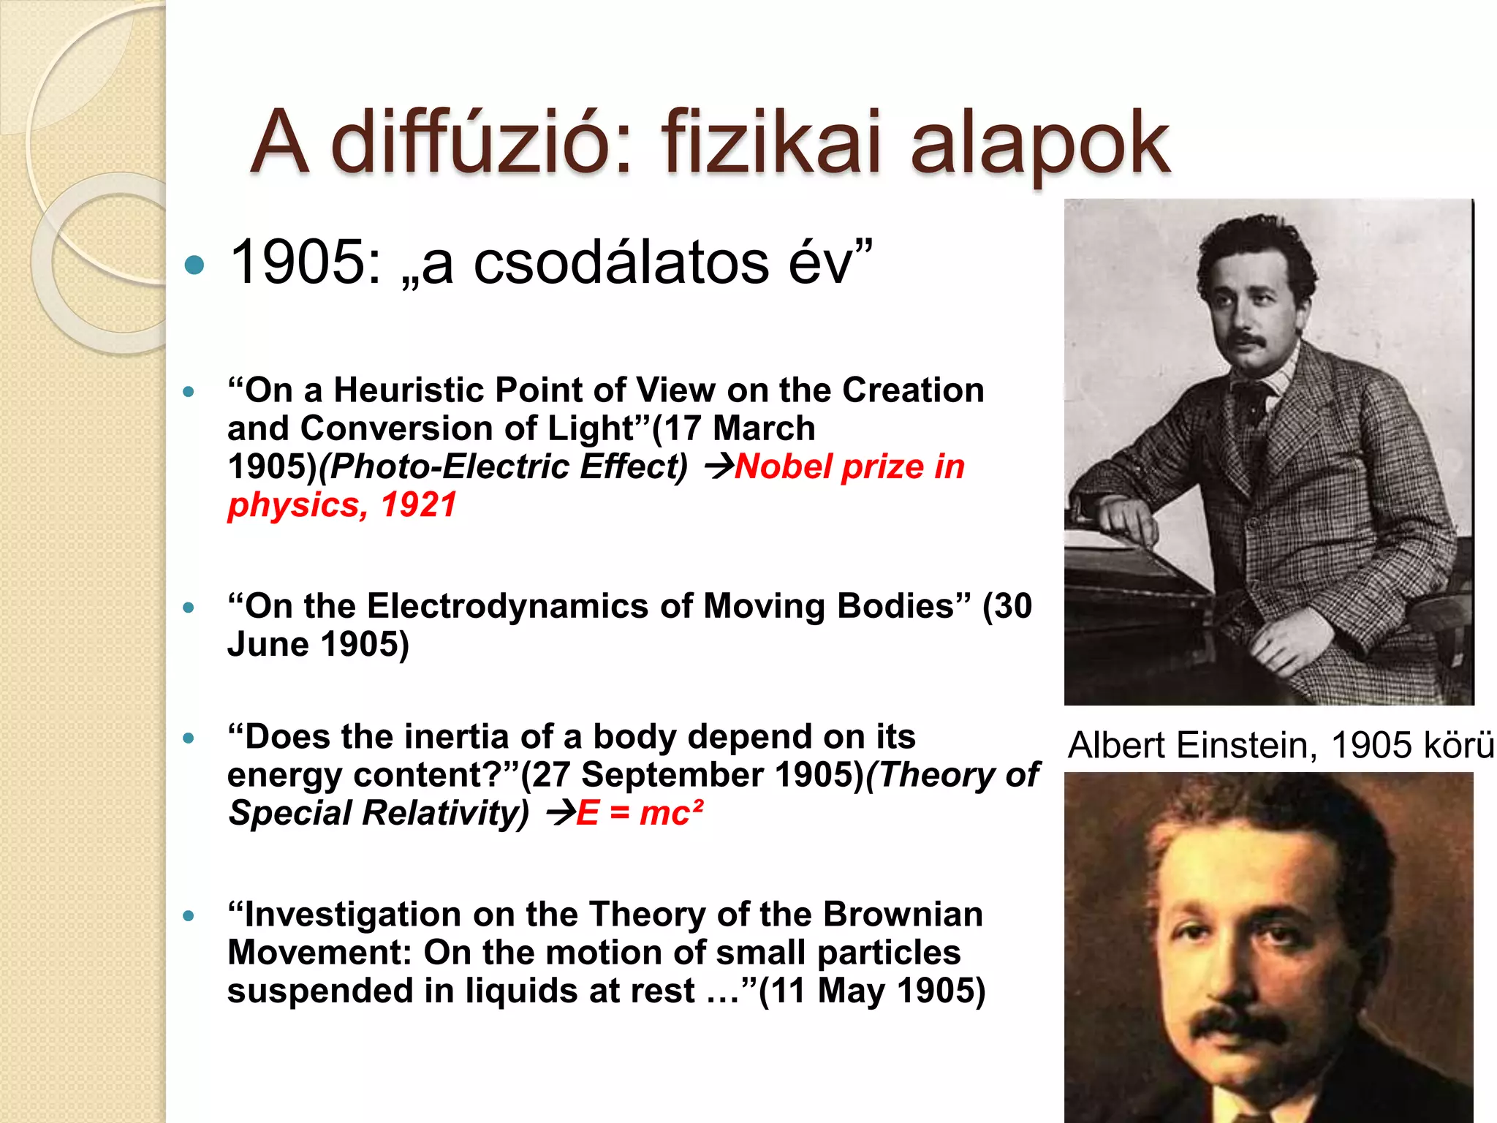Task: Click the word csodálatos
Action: coord(621,262)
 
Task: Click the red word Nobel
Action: coord(784,466)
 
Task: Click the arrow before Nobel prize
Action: coord(718,466)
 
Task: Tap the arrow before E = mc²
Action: coord(560,813)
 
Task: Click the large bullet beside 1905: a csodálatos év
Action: coord(194,265)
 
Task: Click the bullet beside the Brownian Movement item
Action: coord(189,915)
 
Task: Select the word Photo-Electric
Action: coord(449,466)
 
